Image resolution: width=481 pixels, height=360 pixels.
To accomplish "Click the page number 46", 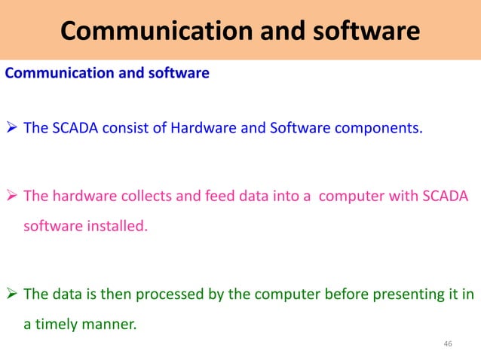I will pyautogui.click(x=448, y=344).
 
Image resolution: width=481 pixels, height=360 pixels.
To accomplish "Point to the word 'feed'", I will pyautogui.click(x=198, y=197).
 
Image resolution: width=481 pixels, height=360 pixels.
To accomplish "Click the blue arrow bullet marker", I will pyautogui.click(x=12, y=128).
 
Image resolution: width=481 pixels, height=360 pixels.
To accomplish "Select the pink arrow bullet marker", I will pyautogui.click(x=12, y=197).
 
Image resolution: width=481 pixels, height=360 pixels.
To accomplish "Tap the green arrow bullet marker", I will pyautogui.click(x=12, y=294).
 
